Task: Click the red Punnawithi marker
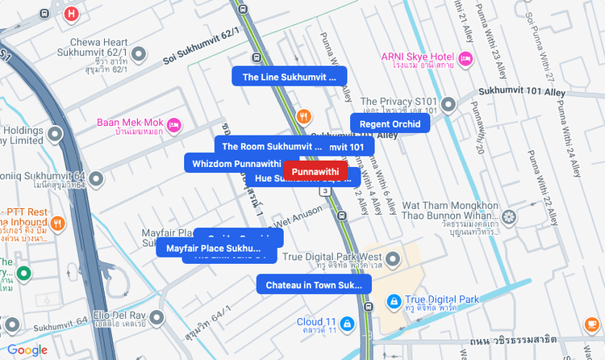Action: pos(315,171)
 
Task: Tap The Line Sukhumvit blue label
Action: pos(289,77)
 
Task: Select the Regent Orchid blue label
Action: pos(390,123)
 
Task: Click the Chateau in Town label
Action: pos(314,285)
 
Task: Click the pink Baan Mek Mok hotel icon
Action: pos(174,124)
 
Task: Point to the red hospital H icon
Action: pos(72,14)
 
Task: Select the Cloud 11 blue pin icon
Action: pos(347,324)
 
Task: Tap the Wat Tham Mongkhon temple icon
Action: pos(509,216)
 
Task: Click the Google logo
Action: pos(27,350)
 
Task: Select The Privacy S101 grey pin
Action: pos(449,105)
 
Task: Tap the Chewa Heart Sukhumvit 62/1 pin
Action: pos(139,54)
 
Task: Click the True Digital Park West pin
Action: pos(393,258)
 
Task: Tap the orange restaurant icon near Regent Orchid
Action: pos(304,115)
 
